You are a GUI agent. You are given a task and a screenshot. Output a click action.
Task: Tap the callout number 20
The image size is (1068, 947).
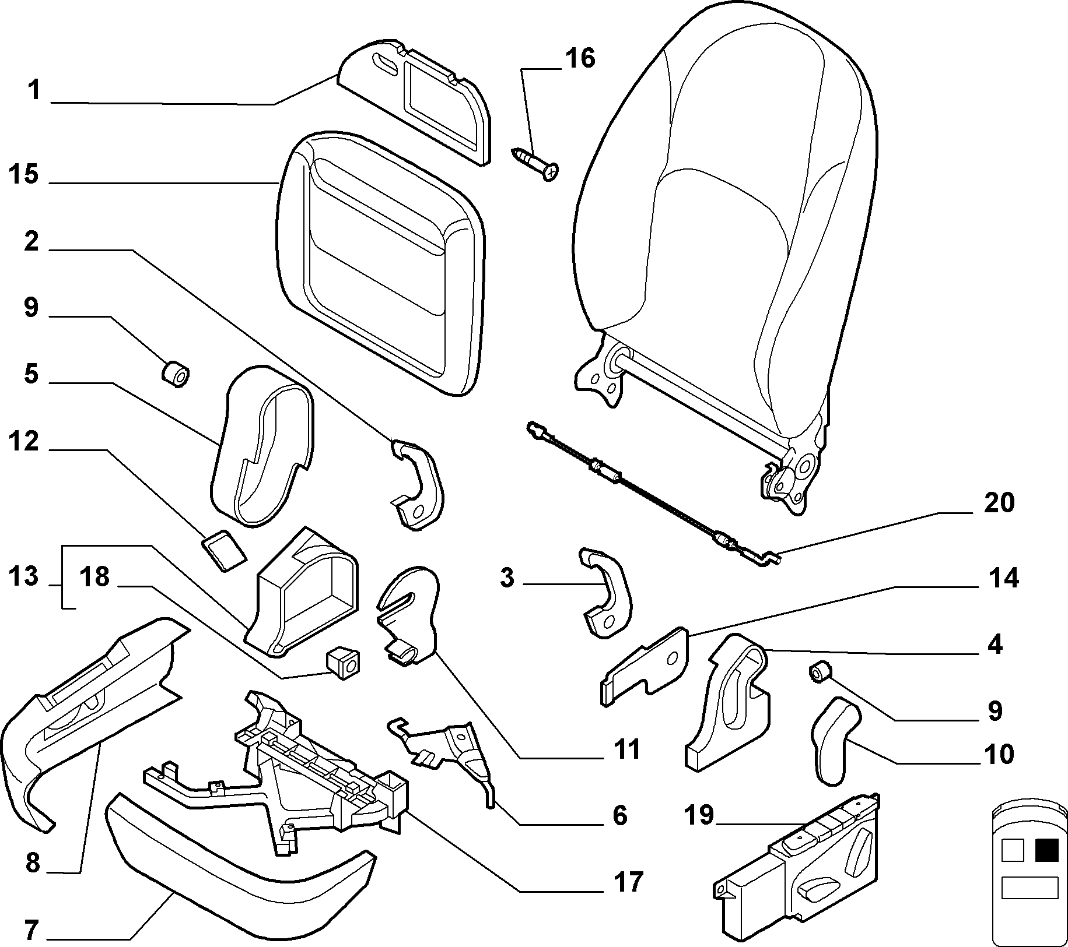coord(999,503)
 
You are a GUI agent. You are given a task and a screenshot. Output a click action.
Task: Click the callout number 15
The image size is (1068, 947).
coord(24,175)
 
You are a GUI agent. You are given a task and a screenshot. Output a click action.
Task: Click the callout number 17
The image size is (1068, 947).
coord(627,882)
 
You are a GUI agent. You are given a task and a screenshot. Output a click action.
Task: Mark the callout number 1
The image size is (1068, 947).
coord(34,91)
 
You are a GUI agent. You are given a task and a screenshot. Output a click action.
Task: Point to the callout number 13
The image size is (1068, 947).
coord(24,577)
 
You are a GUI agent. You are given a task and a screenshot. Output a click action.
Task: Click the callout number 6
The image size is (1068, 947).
coord(619,815)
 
